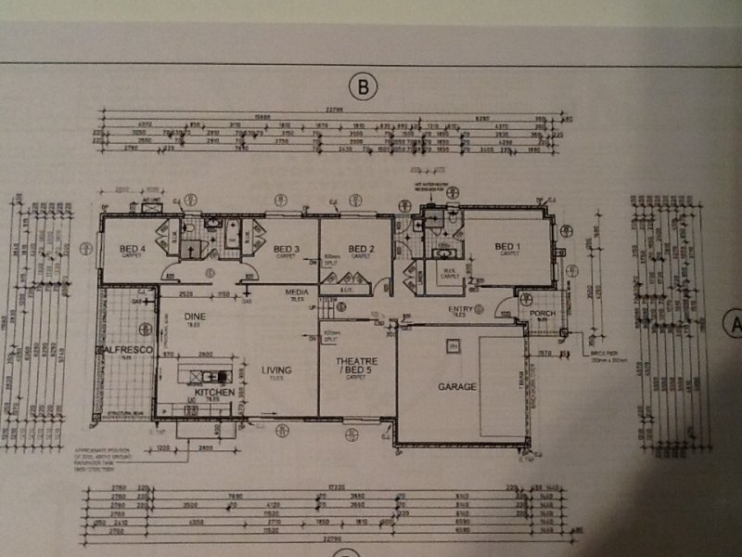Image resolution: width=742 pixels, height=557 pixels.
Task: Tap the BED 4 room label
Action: coord(134,248)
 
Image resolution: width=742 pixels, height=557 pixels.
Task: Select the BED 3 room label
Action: coord(287,248)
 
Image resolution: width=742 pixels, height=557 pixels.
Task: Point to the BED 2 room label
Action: coord(360,248)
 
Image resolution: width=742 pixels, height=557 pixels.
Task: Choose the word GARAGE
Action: coord(458,385)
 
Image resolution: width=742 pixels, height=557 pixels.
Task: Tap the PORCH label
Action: coord(542,313)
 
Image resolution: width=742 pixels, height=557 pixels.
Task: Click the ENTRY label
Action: coord(461,308)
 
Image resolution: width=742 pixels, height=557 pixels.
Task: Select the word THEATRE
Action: coord(355,363)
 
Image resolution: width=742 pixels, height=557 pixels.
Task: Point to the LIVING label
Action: coord(276,369)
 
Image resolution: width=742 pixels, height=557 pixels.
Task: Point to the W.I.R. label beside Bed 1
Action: coord(450,271)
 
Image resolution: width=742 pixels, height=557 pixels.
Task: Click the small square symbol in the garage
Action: coord(453,344)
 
